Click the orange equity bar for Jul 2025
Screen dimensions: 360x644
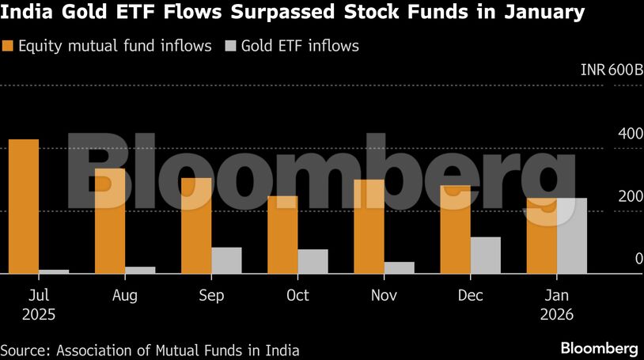tap(24, 207)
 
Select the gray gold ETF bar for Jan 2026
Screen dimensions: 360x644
tap(572, 236)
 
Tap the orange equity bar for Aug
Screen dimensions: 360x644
tap(110, 221)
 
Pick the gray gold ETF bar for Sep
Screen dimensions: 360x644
tap(226, 260)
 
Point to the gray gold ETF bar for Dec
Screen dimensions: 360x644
tap(486, 255)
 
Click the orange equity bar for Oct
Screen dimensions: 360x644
tap(282, 235)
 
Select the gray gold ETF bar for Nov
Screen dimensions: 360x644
tap(400, 267)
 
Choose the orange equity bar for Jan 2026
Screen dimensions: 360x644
tap(542, 236)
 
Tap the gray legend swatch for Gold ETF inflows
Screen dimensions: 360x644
tap(232, 46)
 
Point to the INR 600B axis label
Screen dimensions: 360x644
tap(612, 70)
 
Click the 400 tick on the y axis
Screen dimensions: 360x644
tap(631, 133)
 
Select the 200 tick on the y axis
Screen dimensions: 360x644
tap(631, 196)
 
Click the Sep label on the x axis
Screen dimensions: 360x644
tap(211, 296)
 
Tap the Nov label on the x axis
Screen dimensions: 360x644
tap(384, 296)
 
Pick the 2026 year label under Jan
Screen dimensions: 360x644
tap(557, 314)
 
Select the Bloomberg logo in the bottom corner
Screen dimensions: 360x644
tap(599, 348)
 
